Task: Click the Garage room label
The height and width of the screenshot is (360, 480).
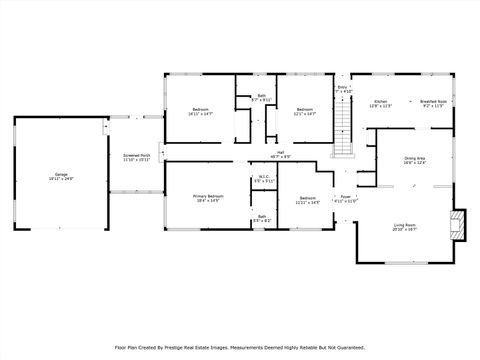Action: tap(60, 174)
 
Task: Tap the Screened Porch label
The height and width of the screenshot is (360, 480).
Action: tap(136, 155)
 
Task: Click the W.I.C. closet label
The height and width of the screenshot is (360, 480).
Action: tap(264, 177)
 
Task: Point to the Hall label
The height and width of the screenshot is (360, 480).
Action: tap(281, 153)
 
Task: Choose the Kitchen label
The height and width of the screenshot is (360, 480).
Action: tap(380, 101)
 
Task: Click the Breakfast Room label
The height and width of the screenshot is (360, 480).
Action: tap(433, 101)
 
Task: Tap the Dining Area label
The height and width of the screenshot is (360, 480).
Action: tap(415, 158)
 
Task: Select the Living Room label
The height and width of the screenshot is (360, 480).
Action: tap(404, 225)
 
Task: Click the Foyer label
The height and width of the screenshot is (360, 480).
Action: tap(345, 196)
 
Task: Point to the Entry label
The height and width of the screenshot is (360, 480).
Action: tap(342, 87)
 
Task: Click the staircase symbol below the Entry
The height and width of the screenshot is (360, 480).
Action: tap(343, 129)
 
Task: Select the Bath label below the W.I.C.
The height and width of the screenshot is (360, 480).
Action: tap(262, 216)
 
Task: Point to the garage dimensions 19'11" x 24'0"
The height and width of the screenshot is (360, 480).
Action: tap(60, 179)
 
